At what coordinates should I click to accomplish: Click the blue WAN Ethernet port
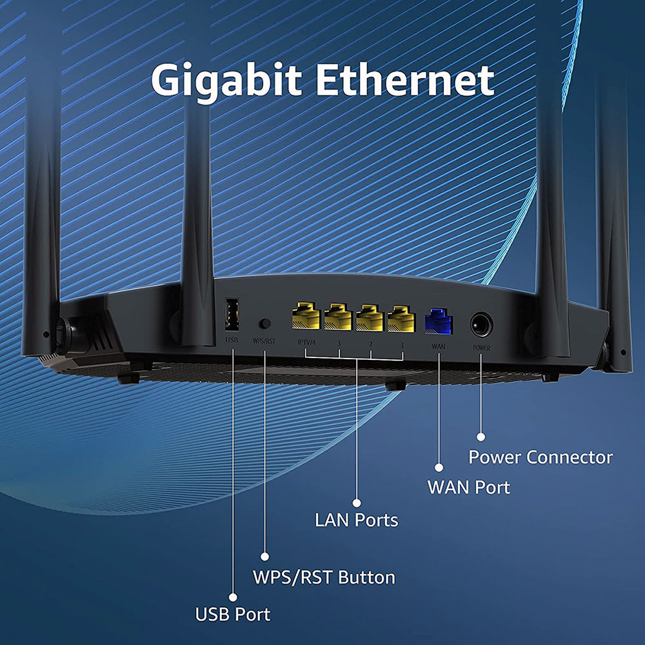tap(439, 321)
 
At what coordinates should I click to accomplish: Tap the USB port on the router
tap(232, 314)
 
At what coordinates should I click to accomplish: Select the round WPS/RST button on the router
tap(265, 323)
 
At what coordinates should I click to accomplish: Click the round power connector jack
tap(481, 325)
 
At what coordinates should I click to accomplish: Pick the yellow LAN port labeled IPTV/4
tap(306, 316)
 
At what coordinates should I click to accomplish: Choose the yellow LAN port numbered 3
tap(338, 317)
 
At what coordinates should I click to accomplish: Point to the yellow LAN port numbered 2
tap(370, 318)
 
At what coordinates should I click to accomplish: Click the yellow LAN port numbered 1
tap(401, 319)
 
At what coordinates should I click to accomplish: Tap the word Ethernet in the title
tap(405, 79)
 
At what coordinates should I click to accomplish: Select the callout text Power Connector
tap(541, 457)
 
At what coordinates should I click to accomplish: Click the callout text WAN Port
tap(469, 488)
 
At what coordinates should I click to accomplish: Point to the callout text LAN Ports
tap(356, 521)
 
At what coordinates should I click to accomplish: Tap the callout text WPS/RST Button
tap(324, 577)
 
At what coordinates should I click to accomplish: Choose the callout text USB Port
tap(232, 615)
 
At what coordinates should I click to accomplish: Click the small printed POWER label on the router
tap(481, 348)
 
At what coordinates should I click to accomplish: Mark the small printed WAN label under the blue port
tap(439, 346)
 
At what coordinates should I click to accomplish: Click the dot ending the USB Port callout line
tap(233, 597)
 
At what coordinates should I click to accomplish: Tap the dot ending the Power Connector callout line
tap(481, 437)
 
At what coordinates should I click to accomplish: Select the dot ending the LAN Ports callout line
tap(357, 502)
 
